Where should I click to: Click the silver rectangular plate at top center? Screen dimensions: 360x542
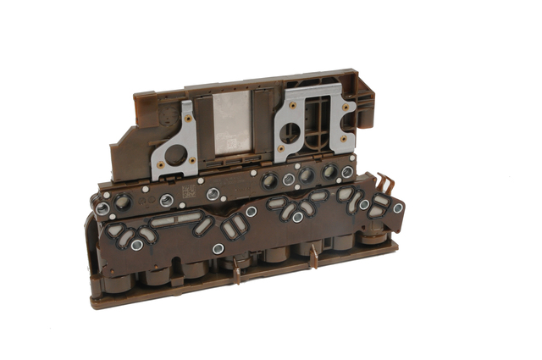pyautogui.click(x=234, y=123)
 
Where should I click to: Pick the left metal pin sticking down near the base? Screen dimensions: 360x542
pyautogui.click(x=236, y=274)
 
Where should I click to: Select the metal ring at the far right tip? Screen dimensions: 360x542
pyautogui.click(x=398, y=208)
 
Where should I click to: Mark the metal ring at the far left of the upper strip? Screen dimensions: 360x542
pyautogui.click(x=102, y=208)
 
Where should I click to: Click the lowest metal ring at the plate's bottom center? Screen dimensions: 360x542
pyautogui.click(x=218, y=249)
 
